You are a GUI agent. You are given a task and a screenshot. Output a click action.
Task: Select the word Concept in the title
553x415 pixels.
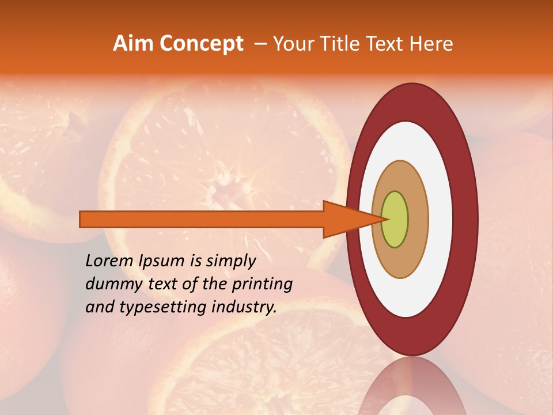pyautogui.click(x=201, y=44)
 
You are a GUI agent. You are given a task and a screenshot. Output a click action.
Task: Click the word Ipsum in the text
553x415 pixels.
pyautogui.click(x=161, y=261)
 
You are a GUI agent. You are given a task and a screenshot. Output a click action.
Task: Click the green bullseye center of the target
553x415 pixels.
pyautogui.click(x=395, y=219)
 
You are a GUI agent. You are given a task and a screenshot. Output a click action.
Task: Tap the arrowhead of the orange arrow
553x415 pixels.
pyautogui.click(x=346, y=219)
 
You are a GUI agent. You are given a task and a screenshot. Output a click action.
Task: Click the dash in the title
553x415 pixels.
pyautogui.click(x=260, y=44)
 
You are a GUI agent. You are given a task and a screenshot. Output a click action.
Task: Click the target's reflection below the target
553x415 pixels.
pyautogui.click(x=412, y=389)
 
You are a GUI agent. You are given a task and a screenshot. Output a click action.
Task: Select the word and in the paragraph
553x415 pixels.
pyautogui.click(x=99, y=307)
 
